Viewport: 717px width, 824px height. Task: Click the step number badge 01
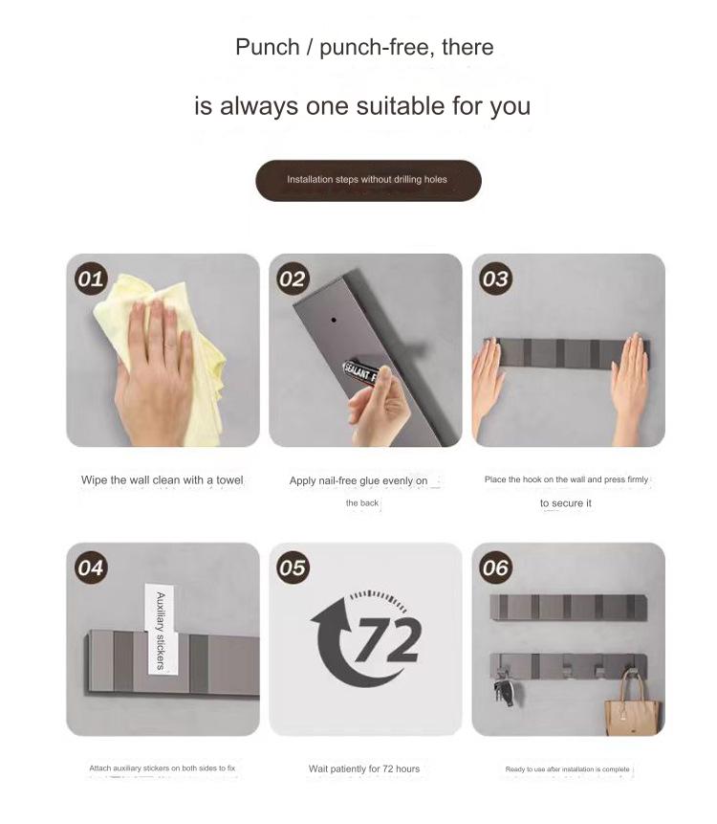pyautogui.click(x=91, y=278)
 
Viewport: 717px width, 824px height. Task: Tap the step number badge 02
pyautogui.click(x=293, y=278)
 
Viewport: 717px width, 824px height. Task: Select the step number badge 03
pyautogui.click(x=496, y=278)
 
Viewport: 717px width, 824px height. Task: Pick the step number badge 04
pyautogui.click(x=91, y=568)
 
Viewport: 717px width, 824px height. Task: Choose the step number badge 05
pyautogui.click(x=293, y=568)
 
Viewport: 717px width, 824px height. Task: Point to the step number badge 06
pyautogui.click(x=496, y=568)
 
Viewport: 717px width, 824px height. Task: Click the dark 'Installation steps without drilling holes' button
pyautogui.click(x=368, y=180)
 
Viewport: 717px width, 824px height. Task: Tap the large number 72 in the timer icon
pyautogui.click(x=388, y=639)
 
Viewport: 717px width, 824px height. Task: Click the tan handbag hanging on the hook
pyautogui.click(x=632, y=702)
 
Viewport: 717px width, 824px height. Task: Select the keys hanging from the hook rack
pyautogui.click(x=505, y=687)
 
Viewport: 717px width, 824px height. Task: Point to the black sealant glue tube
pyautogui.click(x=361, y=372)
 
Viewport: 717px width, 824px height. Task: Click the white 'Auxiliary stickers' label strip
pyautogui.click(x=160, y=630)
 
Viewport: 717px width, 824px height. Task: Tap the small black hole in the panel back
pyautogui.click(x=334, y=319)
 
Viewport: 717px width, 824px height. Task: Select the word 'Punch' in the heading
pyautogui.click(x=267, y=47)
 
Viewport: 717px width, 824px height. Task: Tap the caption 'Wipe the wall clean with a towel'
pyautogui.click(x=163, y=479)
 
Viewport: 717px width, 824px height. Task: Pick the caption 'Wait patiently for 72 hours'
pyautogui.click(x=364, y=768)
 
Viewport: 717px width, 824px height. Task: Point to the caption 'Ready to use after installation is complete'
pyautogui.click(x=568, y=768)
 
